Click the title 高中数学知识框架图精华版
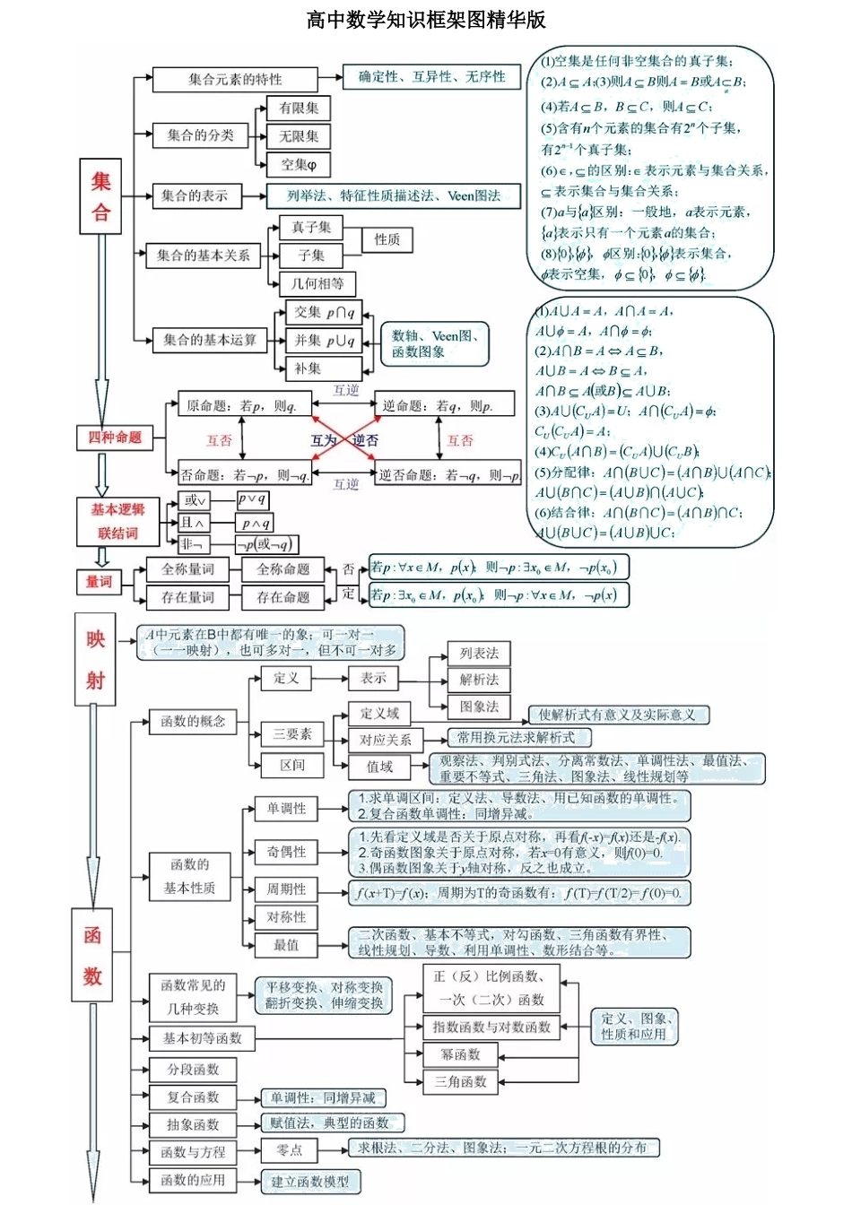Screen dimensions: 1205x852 click(426, 20)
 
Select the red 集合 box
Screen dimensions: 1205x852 click(100, 196)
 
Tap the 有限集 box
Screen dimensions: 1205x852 click(299, 108)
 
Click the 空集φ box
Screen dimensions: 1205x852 click(299, 165)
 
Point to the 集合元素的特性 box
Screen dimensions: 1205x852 click(235, 80)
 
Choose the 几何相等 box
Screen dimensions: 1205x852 click(317, 284)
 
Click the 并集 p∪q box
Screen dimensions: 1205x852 click(324, 341)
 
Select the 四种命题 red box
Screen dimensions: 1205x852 click(115, 438)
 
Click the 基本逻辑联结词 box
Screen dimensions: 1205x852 click(117, 522)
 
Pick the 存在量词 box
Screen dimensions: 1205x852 click(187, 597)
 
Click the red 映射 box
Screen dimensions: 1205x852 click(95, 660)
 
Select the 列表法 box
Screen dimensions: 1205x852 click(479, 654)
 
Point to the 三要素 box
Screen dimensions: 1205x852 click(292, 734)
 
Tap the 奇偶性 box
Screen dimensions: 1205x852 click(286, 852)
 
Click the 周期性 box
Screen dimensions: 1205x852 click(286, 889)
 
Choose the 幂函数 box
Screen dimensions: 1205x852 click(460, 1054)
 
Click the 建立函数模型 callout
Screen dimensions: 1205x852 click(310, 1182)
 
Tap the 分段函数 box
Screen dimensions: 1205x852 click(193, 1070)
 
